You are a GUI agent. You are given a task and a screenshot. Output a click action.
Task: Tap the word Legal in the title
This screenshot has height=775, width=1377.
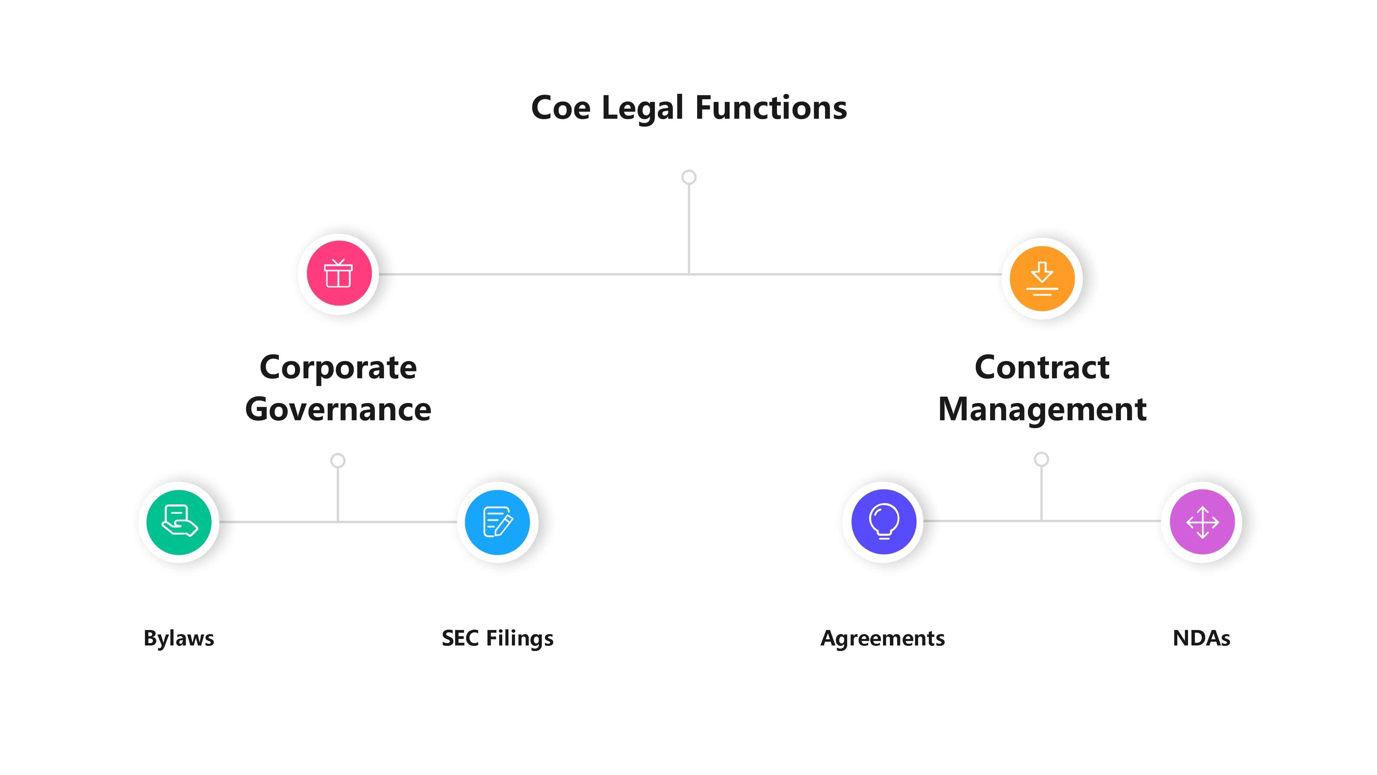[642, 108]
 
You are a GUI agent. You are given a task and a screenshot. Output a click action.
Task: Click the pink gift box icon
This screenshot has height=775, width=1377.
[339, 273]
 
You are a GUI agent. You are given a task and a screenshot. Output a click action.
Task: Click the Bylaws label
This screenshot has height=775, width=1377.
[179, 638]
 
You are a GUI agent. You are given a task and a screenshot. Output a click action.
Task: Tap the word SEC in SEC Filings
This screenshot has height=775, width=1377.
[460, 638]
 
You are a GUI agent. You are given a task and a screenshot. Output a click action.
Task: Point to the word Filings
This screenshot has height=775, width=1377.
[519, 638]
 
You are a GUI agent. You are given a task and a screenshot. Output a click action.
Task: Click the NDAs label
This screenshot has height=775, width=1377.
[1201, 638]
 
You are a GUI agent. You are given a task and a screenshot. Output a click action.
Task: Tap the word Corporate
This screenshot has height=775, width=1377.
[338, 368]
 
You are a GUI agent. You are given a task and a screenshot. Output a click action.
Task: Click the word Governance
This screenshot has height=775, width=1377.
[338, 410]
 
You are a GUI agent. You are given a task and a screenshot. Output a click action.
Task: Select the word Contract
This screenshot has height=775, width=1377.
[1041, 368]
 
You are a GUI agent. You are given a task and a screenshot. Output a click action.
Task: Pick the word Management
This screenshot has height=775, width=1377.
[1041, 410]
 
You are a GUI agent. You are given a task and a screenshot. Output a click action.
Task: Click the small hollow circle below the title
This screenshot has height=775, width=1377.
[688, 177]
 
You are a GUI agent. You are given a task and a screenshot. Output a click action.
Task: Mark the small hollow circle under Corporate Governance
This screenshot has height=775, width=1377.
[337, 461]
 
